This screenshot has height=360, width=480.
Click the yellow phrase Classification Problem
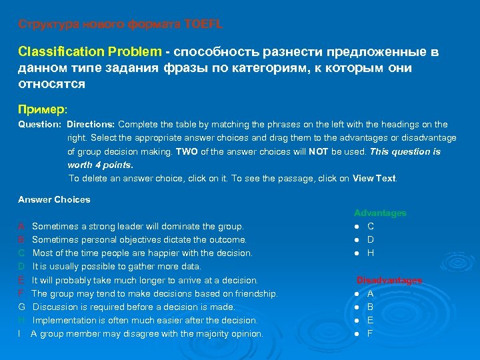[89, 52]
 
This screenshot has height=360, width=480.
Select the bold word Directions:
[91, 125]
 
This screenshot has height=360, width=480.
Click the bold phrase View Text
[375, 179]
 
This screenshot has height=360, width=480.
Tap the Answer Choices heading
[54, 199]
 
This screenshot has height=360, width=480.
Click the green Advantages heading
[380, 213]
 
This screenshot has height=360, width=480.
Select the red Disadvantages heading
[389, 281]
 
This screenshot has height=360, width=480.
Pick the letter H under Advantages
[371, 253]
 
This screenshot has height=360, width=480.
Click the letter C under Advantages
[371, 227]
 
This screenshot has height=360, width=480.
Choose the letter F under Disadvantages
[370, 334]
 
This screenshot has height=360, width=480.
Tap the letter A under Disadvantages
[370, 294]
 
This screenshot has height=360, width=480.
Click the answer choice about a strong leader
[137, 227]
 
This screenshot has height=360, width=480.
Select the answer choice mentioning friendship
[154, 294]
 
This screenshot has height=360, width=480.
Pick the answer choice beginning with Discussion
[133, 307]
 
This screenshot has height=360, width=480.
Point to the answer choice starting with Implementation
[145, 321]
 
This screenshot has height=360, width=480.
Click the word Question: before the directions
[39, 125]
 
